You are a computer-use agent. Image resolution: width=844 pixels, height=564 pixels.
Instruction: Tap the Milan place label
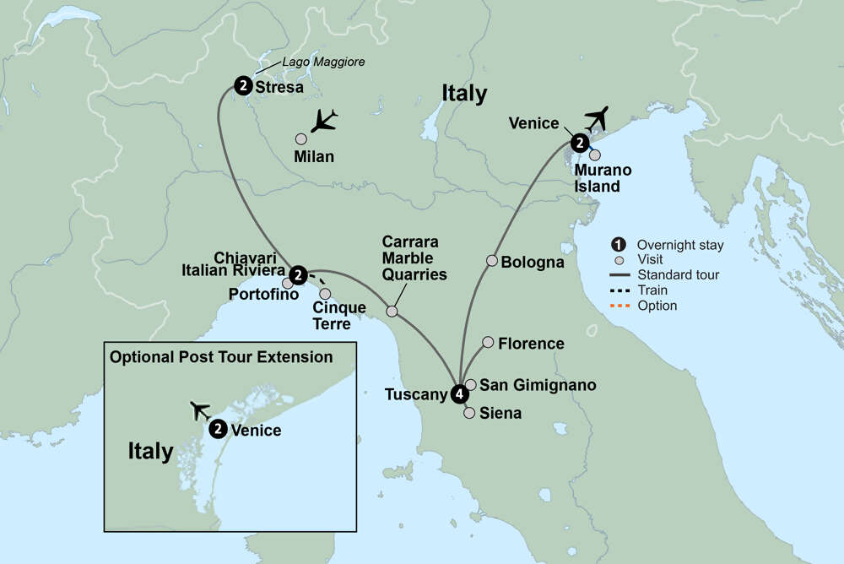pos(314,156)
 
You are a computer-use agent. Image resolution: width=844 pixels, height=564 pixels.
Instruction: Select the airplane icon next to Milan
pos(322,122)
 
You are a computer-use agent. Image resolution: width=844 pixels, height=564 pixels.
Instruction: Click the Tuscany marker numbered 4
pos(459,393)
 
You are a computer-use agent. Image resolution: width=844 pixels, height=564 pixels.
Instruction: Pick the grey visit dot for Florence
pos(488,342)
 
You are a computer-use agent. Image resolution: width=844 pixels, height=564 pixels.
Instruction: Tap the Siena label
pos(500,414)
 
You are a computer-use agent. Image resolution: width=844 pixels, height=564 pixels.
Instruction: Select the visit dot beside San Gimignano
pos(471,384)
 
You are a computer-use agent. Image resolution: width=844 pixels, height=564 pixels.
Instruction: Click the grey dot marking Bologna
pos(490,261)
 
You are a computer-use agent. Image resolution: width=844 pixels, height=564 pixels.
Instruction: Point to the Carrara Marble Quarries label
pos(414,258)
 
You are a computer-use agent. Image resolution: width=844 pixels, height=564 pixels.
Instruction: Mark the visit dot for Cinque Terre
pos(325,294)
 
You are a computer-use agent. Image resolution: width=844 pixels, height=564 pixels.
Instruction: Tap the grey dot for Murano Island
pos(595,155)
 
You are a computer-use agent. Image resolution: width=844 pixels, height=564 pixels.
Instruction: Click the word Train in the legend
pos(653,290)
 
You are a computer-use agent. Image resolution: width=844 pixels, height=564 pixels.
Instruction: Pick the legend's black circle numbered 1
pos(619,246)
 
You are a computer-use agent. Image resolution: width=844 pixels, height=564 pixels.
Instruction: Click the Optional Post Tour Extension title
pos(221,357)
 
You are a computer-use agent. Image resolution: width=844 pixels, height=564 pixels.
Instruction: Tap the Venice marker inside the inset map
pos(218,429)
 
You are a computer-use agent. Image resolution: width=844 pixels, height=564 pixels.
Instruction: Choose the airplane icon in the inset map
pos(201,410)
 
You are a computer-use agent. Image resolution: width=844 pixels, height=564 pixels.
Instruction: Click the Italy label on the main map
pos(463,94)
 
